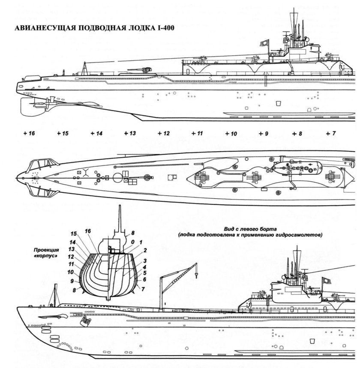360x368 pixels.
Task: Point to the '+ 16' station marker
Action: pyautogui.click(x=29, y=134)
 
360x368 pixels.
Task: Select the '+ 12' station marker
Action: pyautogui.click(x=163, y=134)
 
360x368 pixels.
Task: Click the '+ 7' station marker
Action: pyautogui.click(x=330, y=134)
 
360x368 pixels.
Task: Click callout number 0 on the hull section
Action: pyautogui.click(x=133, y=242)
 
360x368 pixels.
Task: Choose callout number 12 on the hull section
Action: pyautogui.click(x=72, y=257)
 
